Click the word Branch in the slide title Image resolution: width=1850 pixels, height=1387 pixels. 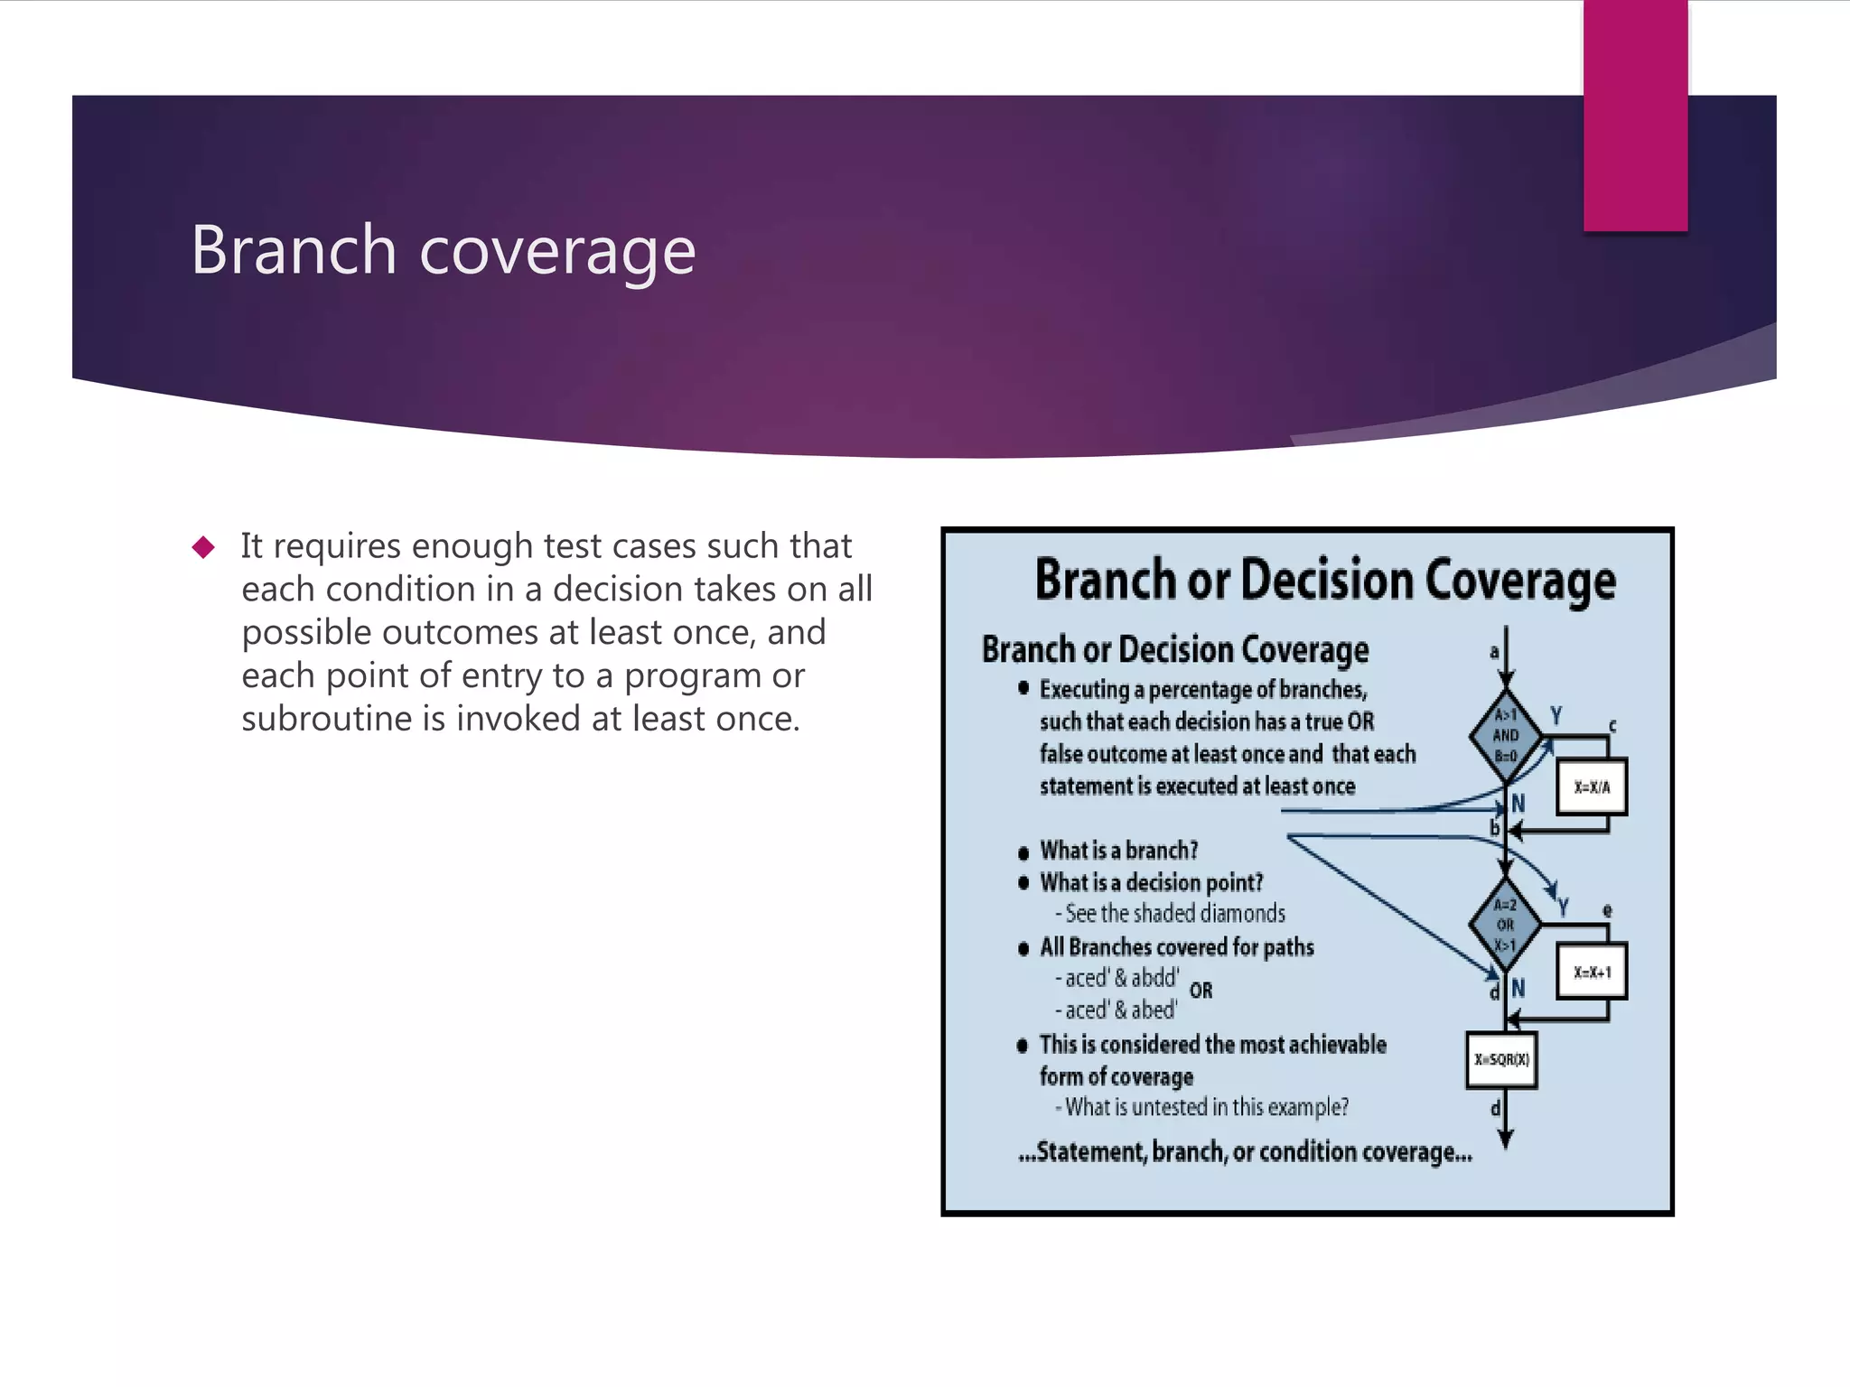pyautogui.click(x=294, y=250)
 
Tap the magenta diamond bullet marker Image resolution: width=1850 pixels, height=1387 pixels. pyautogui.click(x=203, y=547)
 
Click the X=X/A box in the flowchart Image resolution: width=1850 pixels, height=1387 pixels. pyautogui.click(x=1592, y=787)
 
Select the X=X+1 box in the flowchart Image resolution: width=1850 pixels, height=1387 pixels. pyautogui.click(x=1592, y=973)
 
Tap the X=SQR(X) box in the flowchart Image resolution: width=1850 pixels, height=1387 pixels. pyautogui.click(x=1501, y=1060)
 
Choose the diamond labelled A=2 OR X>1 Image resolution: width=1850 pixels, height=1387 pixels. pyautogui.click(x=1505, y=925)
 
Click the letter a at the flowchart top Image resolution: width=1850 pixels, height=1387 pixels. pyautogui.click(x=1494, y=652)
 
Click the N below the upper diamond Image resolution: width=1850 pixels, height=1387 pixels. pyautogui.click(x=1518, y=804)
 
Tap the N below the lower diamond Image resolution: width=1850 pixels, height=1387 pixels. pyautogui.click(x=1518, y=989)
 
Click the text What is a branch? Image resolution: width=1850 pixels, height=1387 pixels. pyautogui.click(x=1118, y=851)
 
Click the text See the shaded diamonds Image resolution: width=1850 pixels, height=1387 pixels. pyautogui.click(x=1174, y=914)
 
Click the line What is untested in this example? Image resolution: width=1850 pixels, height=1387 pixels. pyautogui.click(x=1205, y=1108)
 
